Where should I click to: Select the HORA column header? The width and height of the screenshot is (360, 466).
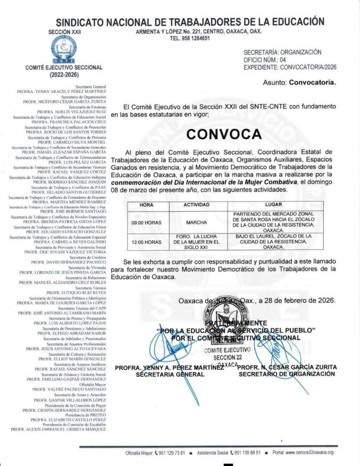click(147, 205)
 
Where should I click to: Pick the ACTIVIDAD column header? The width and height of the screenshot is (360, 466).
click(196, 205)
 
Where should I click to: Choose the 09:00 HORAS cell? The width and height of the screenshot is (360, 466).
click(147, 223)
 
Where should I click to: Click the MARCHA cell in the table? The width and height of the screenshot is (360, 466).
click(196, 223)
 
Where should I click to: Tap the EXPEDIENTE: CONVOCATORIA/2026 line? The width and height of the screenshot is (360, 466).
click(290, 67)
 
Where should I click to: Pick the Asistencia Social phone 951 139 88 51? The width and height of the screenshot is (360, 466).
click(248, 452)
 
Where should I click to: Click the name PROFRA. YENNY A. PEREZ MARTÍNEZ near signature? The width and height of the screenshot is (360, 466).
click(169, 367)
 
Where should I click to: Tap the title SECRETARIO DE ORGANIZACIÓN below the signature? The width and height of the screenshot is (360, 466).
click(287, 374)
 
